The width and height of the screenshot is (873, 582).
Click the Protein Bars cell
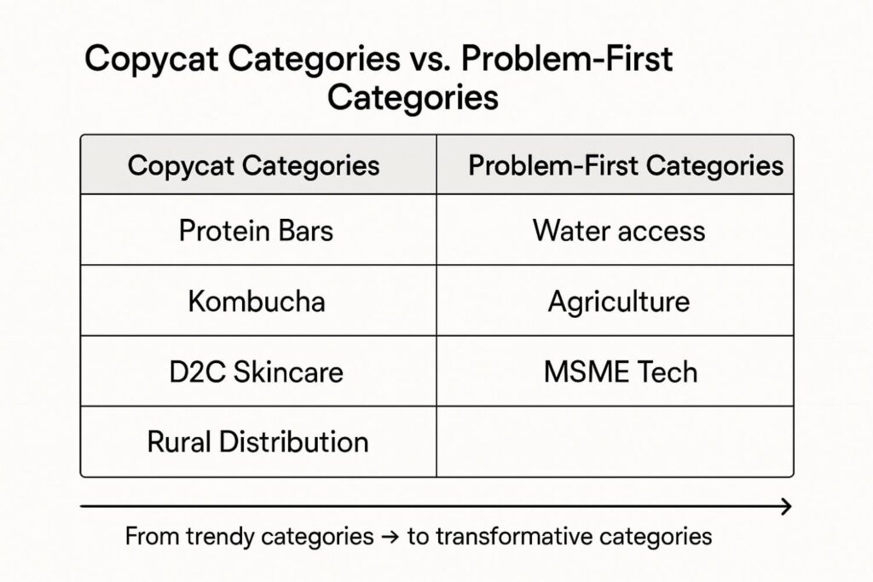coord(258,229)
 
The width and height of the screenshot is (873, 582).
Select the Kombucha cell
coord(258,301)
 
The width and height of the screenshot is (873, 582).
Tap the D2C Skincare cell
coord(258,372)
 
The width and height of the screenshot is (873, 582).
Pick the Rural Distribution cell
coord(258,441)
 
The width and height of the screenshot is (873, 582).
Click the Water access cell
coord(616,229)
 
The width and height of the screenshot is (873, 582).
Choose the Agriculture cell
coord(616,301)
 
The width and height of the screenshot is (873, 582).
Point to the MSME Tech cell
coord(616,372)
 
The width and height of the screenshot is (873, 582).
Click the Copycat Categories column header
coord(258,164)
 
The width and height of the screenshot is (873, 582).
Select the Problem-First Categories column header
coord(616,164)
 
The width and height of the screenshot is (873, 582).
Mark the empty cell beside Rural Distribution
coord(616,441)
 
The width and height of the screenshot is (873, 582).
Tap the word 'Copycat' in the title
coord(151,61)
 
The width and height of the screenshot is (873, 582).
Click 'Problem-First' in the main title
coord(567,58)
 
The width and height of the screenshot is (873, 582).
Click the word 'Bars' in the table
coord(306,230)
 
